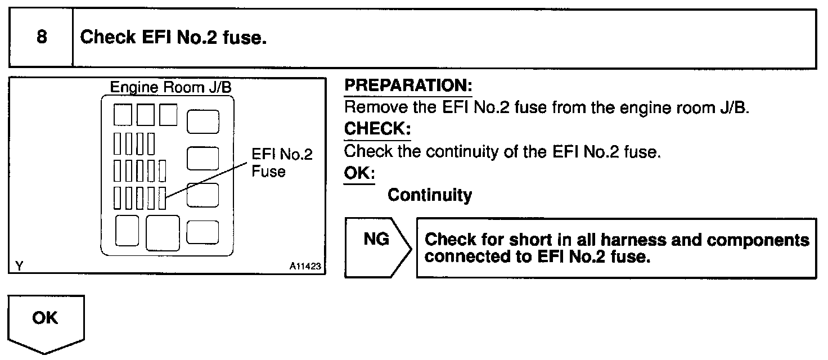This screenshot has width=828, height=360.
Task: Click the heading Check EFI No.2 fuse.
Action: click(x=173, y=38)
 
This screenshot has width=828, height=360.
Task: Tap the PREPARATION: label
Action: click(x=408, y=86)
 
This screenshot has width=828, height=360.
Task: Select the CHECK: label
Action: click(x=377, y=129)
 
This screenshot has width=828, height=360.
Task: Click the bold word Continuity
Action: click(x=430, y=195)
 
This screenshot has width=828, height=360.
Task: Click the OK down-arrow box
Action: click(x=46, y=321)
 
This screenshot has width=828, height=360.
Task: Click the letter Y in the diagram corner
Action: click(x=19, y=267)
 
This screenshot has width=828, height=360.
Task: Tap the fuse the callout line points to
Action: click(x=163, y=198)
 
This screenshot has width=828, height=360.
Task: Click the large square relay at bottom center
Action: click(x=163, y=232)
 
